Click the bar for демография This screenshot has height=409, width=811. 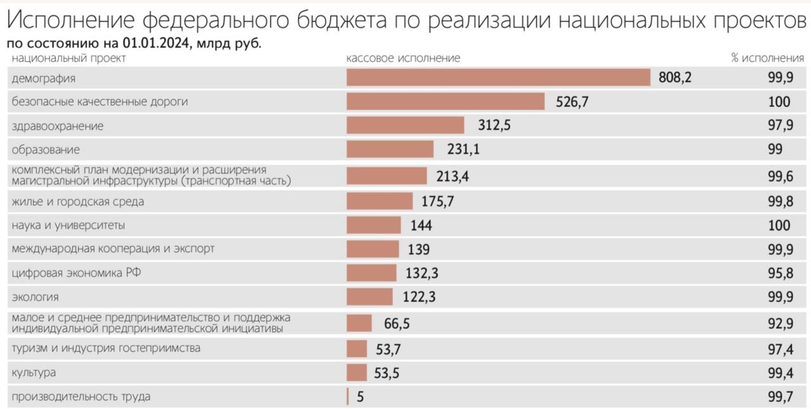[498, 77]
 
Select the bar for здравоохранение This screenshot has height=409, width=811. [405, 125]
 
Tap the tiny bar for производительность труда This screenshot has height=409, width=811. [348, 397]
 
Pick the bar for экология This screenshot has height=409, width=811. [370, 296]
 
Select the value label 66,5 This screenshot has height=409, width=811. [397, 324]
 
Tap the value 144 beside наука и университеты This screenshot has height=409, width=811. [421, 225]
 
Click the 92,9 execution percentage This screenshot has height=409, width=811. [780, 324]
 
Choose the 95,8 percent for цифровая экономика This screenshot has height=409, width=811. [780, 274]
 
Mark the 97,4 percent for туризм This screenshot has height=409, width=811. [780, 349]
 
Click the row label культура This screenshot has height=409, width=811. [33, 373]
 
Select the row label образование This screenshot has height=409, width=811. [46, 150]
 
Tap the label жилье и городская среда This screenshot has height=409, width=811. [77, 202]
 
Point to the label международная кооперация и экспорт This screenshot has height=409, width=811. [113, 248]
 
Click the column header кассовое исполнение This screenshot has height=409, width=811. [403, 58]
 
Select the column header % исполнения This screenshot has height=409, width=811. [767, 58]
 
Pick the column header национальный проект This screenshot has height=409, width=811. [68, 58]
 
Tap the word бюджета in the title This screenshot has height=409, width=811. [336, 21]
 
